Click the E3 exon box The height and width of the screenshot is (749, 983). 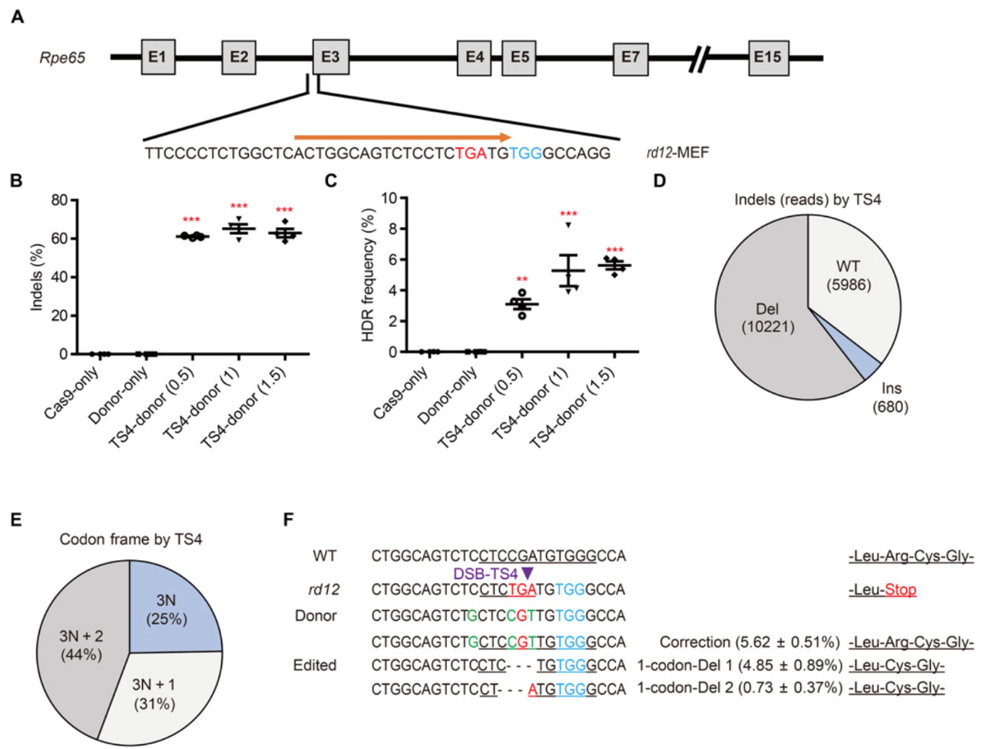(x=330, y=57)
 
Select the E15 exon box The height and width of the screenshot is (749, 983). (x=766, y=57)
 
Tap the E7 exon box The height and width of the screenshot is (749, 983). (x=630, y=57)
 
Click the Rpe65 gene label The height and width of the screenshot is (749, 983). (x=63, y=58)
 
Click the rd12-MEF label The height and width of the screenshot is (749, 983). (x=677, y=153)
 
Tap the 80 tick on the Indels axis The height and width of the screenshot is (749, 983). (x=59, y=200)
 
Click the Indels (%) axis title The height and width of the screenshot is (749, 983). (x=36, y=277)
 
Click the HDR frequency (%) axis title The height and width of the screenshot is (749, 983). (x=367, y=275)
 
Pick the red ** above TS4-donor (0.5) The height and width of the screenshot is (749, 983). (x=521, y=280)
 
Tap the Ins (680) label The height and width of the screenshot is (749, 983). (x=890, y=398)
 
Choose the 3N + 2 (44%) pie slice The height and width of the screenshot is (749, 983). (x=81, y=645)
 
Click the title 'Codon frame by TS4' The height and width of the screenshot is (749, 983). (x=131, y=539)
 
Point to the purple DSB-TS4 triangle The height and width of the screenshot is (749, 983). (x=527, y=574)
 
